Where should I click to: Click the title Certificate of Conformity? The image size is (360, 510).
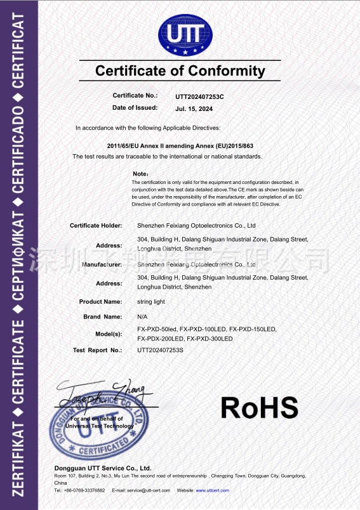coord(180,70)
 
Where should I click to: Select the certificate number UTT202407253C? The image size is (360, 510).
coord(200,96)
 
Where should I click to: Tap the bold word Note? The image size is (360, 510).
coord(140,173)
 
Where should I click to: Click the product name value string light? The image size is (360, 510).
coord(151,302)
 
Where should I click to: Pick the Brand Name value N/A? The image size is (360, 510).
coord(142,316)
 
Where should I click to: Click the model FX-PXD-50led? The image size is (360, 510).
coord(157,329)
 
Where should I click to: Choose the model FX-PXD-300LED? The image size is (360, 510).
coord(210,339)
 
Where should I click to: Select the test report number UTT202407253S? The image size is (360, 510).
coord(160,350)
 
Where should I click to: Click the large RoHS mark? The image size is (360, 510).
coord(260,406)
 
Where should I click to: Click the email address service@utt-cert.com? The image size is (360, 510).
coord(149,490)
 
